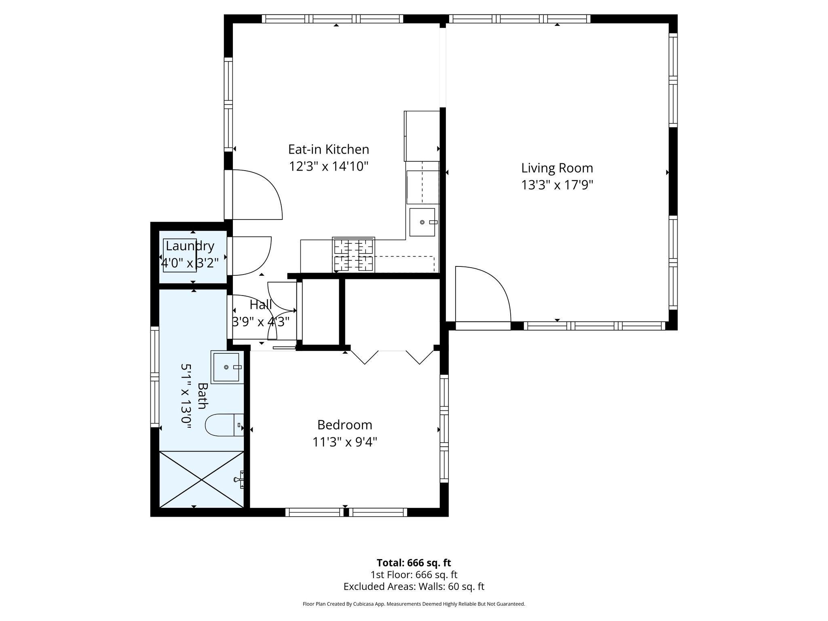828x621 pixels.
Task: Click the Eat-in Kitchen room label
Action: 328,150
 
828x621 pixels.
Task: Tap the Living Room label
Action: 557,168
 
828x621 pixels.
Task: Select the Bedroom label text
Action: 344,425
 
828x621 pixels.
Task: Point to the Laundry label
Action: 190,246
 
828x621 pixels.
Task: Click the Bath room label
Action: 203,396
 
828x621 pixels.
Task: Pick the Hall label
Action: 261,304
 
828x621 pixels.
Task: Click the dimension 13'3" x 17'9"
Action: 557,185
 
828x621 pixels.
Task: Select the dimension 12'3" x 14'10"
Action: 328,167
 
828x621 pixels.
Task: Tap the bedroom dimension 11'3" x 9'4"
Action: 344,442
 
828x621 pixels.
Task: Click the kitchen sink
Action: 422,222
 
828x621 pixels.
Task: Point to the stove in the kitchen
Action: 353,255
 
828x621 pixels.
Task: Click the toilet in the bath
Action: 224,425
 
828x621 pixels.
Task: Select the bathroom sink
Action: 227,367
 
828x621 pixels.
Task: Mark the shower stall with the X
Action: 202,479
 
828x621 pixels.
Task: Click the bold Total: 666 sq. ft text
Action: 414,563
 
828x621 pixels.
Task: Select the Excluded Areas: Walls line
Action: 414,587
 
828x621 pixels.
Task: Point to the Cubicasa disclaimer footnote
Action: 414,604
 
